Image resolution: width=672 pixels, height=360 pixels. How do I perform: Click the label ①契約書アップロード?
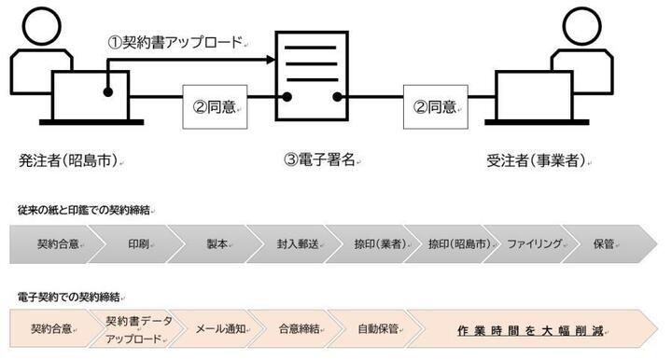tap(175, 41)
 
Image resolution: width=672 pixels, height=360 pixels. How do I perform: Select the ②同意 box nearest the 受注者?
tap(435, 106)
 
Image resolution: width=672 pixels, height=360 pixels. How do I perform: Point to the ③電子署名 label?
tap(319, 159)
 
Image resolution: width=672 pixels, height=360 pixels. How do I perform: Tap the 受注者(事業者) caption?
tap(536, 159)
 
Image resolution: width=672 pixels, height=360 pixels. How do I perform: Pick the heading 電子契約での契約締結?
tap(68, 297)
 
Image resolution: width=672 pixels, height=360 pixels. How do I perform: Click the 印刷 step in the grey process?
tap(138, 244)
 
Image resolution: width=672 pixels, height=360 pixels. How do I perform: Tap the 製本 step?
tap(217, 244)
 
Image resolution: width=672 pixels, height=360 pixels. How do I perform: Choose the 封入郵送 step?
tap(296, 244)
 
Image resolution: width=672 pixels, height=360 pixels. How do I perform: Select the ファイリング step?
tap(534, 244)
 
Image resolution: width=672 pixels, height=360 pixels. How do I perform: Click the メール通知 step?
tap(220, 329)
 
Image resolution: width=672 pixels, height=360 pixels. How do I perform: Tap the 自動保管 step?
tap(378, 329)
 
